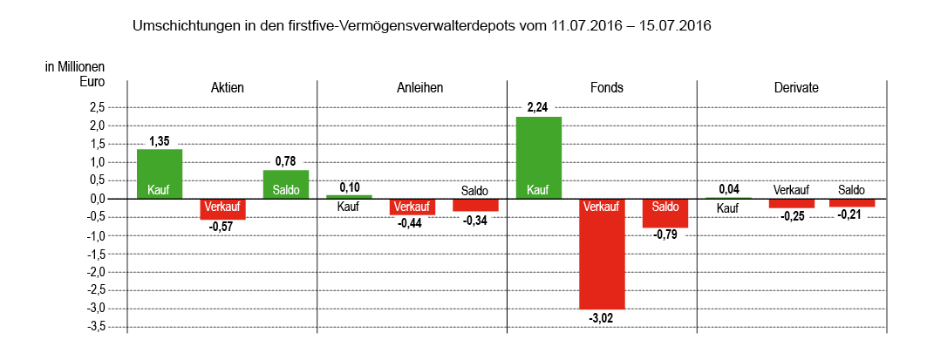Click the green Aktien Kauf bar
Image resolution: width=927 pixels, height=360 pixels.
click(x=160, y=173)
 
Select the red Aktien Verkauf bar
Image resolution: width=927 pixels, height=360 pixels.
click(x=223, y=209)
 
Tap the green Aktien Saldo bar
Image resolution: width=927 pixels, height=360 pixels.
click(x=286, y=184)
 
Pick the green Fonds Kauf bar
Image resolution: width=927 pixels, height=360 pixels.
click(x=539, y=158)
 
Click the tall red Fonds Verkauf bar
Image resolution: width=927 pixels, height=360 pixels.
click(x=603, y=254)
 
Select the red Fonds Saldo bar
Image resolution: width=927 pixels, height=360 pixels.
click(x=665, y=214)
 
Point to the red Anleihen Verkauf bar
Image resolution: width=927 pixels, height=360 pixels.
click(x=412, y=207)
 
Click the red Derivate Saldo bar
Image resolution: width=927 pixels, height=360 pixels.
click(x=852, y=202)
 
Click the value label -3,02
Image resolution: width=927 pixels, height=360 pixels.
click(x=602, y=318)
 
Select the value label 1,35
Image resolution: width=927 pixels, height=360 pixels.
click(x=160, y=140)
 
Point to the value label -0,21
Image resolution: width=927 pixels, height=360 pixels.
click(x=851, y=214)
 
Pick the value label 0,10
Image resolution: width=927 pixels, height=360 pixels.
click(x=349, y=187)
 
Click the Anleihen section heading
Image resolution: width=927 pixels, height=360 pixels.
click(x=412, y=88)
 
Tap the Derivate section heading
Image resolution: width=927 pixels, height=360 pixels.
click(x=791, y=88)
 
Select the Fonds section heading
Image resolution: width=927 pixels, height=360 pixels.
click(x=602, y=88)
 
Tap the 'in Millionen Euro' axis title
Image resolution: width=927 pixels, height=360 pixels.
click(x=75, y=74)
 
